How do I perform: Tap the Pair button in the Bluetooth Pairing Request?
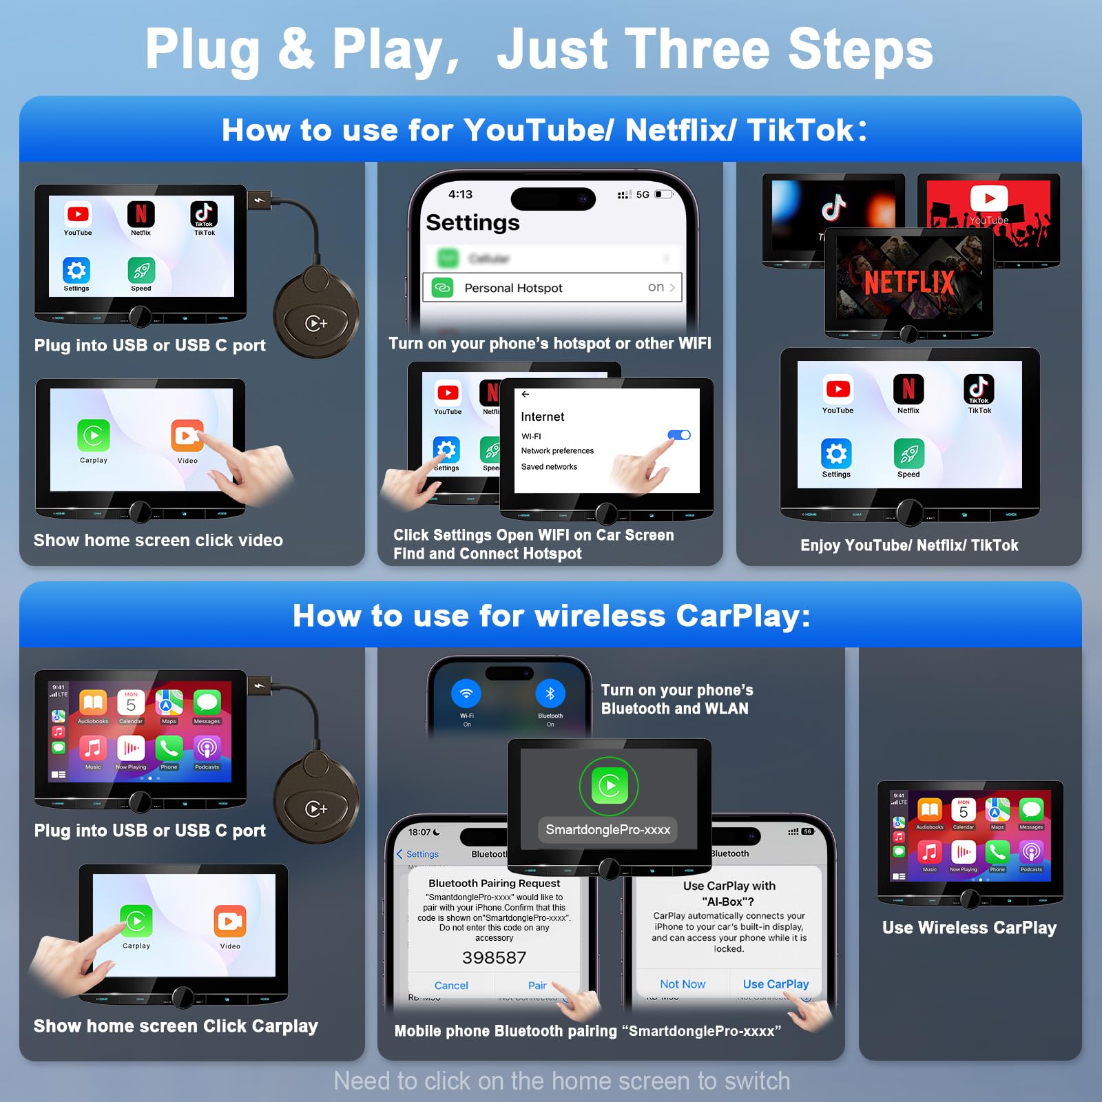pyautogui.click(x=537, y=986)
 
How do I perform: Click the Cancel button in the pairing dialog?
pyautogui.click(x=451, y=986)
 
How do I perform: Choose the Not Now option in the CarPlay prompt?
pyautogui.click(x=683, y=984)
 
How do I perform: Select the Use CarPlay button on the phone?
pyautogui.click(x=776, y=984)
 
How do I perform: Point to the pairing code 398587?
pyautogui.click(x=494, y=957)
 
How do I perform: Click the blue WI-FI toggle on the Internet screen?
pyautogui.click(x=679, y=435)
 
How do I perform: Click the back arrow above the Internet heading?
pyautogui.click(x=526, y=395)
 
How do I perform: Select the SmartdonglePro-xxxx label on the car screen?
pyautogui.click(x=607, y=830)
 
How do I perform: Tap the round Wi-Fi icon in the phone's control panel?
pyautogui.click(x=466, y=694)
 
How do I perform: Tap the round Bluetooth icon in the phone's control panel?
pyautogui.click(x=550, y=694)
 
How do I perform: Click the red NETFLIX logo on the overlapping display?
pyautogui.click(x=909, y=282)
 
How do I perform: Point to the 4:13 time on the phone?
pyautogui.click(x=460, y=194)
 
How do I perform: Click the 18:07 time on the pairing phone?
pyautogui.click(x=419, y=832)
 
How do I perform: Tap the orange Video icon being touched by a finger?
pyautogui.click(x=187, y=436)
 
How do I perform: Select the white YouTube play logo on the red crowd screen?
pyautogui.click(x=989, y=198)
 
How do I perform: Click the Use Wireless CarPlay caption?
pyautogui.click(x=969, y=928)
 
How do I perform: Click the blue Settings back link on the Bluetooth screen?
pyautogui.click(x=418, y=854)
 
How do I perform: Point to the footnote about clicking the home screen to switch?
pyautogui.click(x=561, y=1081)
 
